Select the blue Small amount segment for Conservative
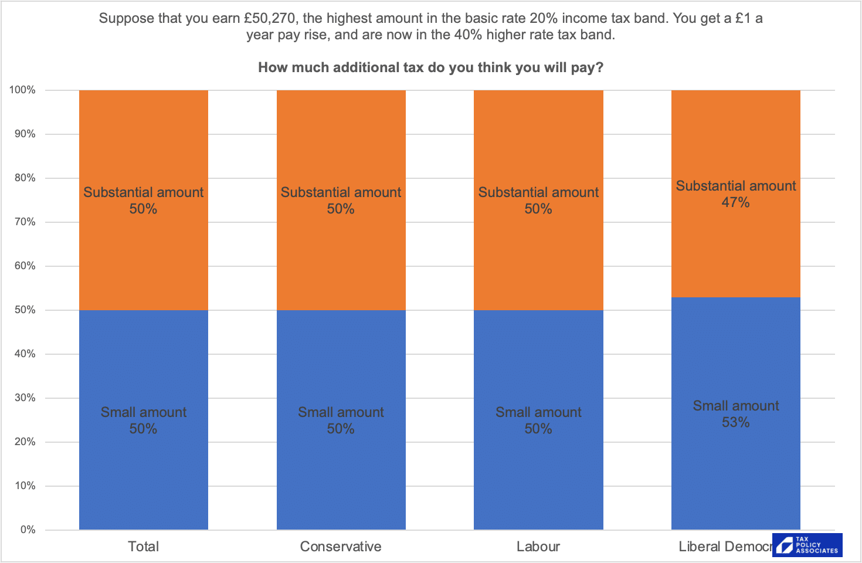pos(341,364)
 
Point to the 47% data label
pos(735,203)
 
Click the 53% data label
pos(735,423)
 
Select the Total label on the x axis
pos(143,547)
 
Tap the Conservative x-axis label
pos(341,547)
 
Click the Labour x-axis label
pos(538,547)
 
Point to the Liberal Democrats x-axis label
pos(725,547)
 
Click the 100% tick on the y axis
pos(22,90)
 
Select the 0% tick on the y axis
pos(28,530)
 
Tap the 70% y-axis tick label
pos(25,222)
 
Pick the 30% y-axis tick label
pos(25,398)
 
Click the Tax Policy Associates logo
pos(807,545)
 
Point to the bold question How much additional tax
pos(430,67)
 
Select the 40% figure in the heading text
pos(468,35)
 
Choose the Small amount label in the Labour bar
pos(538,412)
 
